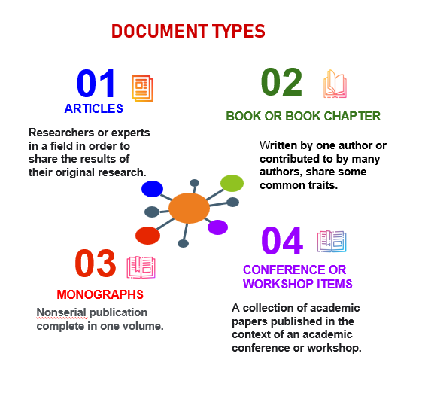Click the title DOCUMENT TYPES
(x=188, y=31)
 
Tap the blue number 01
(x=96, y=84)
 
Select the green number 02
(x=281, y=82)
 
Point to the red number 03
(x=96, y=264)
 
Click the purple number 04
(x=282, y=240)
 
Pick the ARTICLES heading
(x=94, y=108)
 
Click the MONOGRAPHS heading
(x=100, y=294)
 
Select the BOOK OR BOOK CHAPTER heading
(x=303, y=116)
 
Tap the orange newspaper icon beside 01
(x=142, y=88)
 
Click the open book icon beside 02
(x=335, y=84)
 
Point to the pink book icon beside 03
(x=141, y=267)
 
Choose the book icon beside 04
(x=332, y=242)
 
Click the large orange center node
(x=189, y=208)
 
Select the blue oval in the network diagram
(x=152, y=188)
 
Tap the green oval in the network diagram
(x=232, y=183)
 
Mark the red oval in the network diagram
(x=147, y=236)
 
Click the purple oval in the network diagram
(x=217, y=227)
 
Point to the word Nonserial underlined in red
(x=62, y=312)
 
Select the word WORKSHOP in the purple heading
(x=278, y=284)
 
